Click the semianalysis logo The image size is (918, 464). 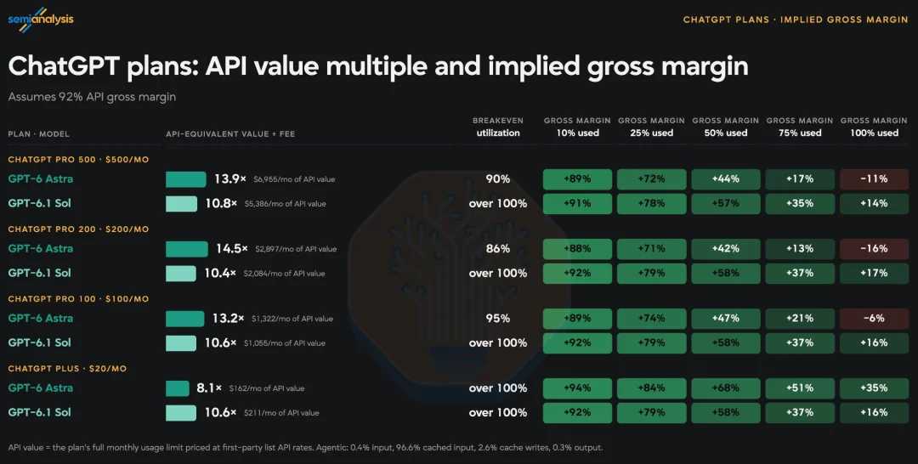(41, 20)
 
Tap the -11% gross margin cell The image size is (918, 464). (874, 179)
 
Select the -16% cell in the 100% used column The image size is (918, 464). (874, 249)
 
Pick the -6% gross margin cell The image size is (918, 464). (874, 319)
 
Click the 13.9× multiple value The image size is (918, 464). (230, 179)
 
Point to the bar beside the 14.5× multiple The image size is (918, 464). (187, 249)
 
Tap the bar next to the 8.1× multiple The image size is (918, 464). (178, 388)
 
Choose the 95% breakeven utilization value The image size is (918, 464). (497, 319)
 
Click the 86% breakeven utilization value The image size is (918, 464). (497, 249)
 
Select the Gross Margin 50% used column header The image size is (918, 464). (725, 127)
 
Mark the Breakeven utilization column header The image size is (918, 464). (497, 127)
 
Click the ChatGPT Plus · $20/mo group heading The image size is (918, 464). (67, 369)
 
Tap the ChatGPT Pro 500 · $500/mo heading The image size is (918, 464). (78, 159)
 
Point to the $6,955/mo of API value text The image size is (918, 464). (294, 179)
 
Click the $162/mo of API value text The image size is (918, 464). (266, 388)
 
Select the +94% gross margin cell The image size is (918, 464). (577, 388)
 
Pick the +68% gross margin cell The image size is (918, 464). (725, 388)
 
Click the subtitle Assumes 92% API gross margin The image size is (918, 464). (92, 97)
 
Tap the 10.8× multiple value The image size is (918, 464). (221, 204)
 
